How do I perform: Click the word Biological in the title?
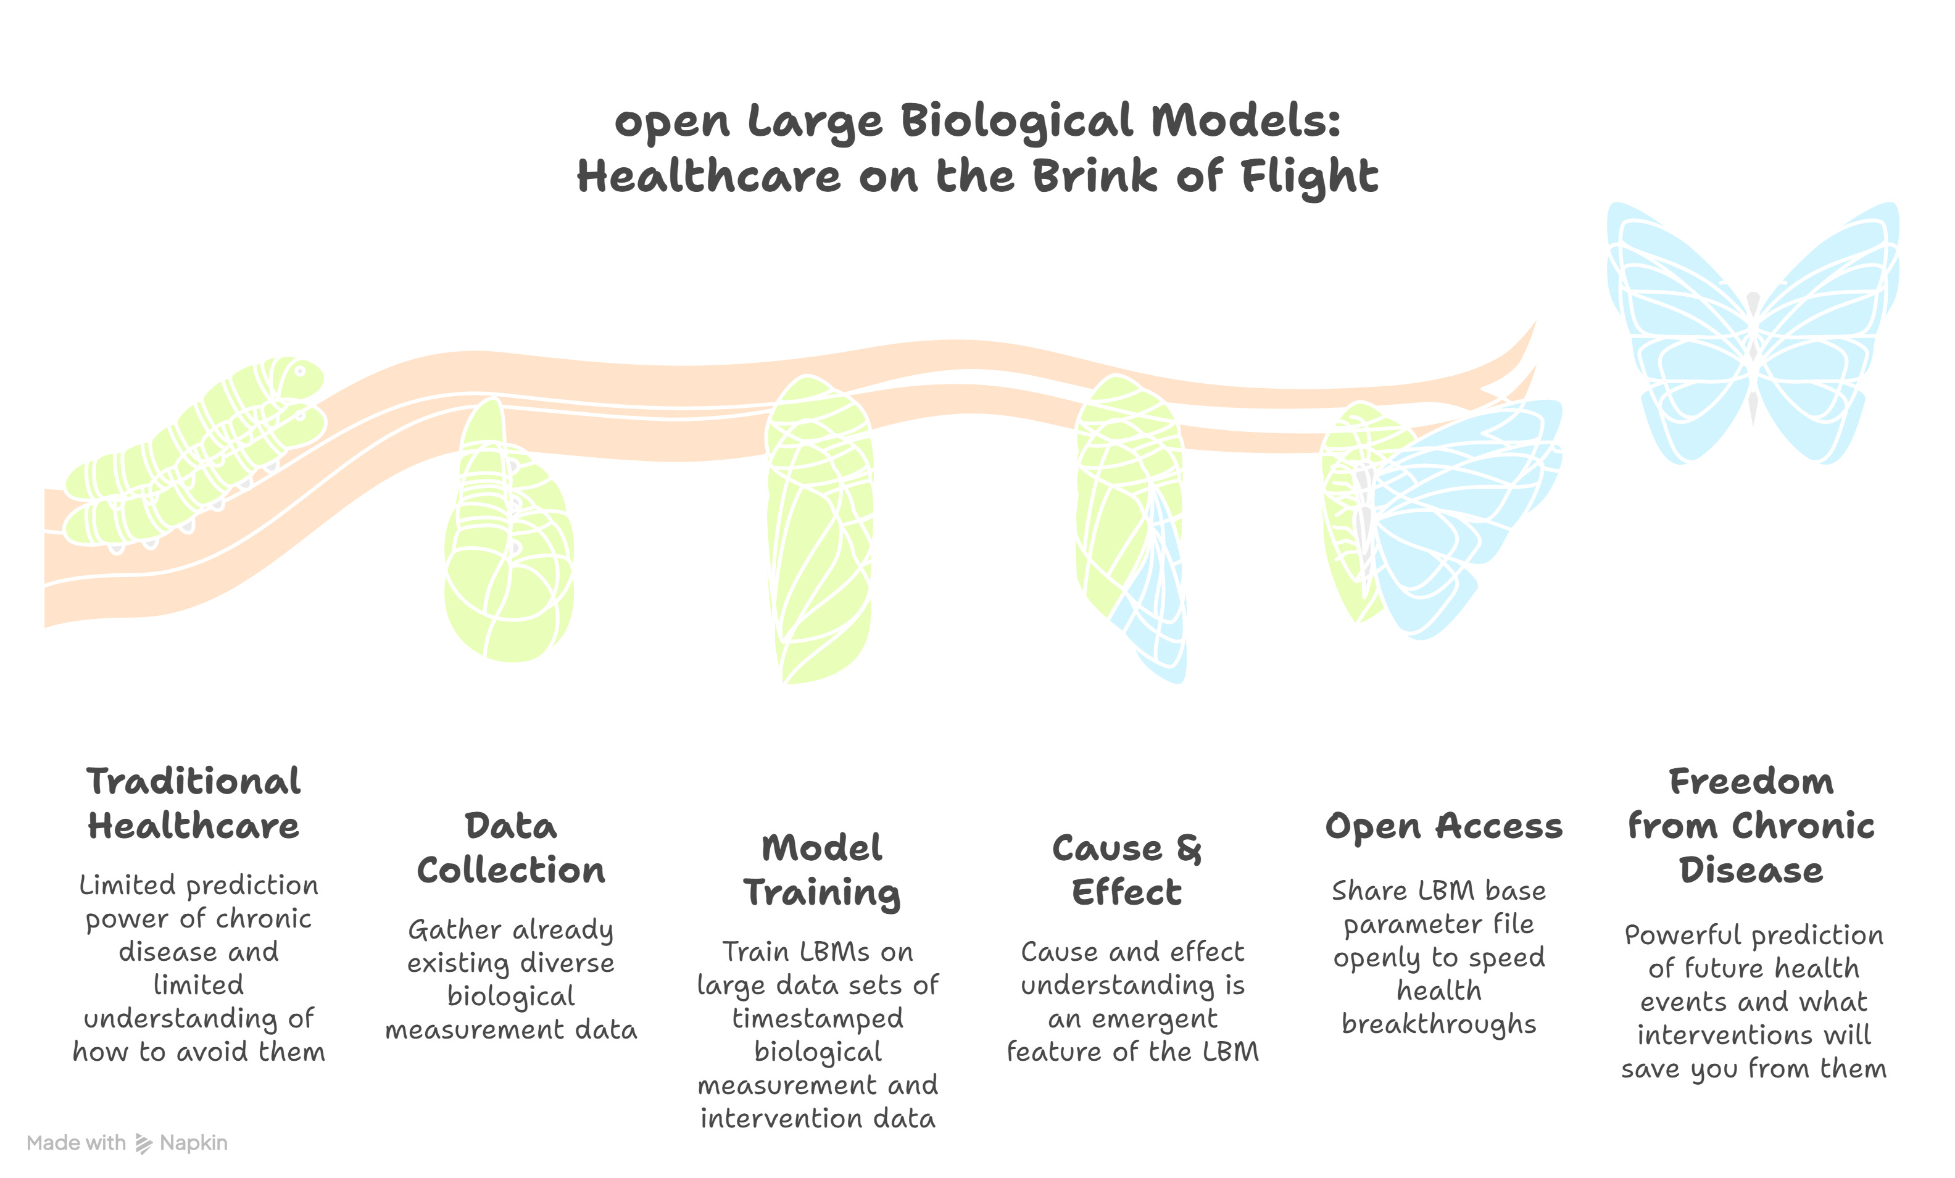(x=1017, y=123)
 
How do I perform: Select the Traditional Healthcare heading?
(x=194, y=803)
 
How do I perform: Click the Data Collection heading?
(x=511, y=848)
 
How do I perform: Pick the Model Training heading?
(x=822, y=870)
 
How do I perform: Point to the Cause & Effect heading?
(x=1127, y=870)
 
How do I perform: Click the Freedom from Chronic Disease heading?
(x=1751, y=826)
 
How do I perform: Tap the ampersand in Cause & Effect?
(x=1189, y=849)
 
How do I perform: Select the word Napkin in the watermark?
(x=194, y=1143)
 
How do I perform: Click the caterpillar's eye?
(x=300, y=370)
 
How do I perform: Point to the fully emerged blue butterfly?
(x=1753, y=333)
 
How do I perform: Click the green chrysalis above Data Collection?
(x=508, y=539)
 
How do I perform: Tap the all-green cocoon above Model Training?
(x=820, y=531)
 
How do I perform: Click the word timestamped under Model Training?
(x=817, y=1019)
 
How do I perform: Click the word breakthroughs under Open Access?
(x=1438, y=1024)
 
